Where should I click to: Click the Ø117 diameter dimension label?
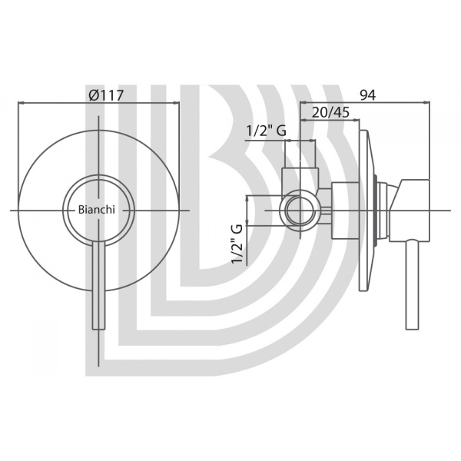click(x=106, y=95)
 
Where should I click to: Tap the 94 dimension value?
click(x=367, y=95)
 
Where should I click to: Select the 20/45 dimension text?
click(x=330, y=112)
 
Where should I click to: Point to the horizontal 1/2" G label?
click(x=266, y=131)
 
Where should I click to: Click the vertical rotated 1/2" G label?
click(x=237, y=244)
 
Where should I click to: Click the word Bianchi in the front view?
click(x=97, y=210)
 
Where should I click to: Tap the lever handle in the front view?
click(x=99, y=285)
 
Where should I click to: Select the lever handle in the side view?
click(x=412, y=285)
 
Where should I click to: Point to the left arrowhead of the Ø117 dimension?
click(x=22, y=103)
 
